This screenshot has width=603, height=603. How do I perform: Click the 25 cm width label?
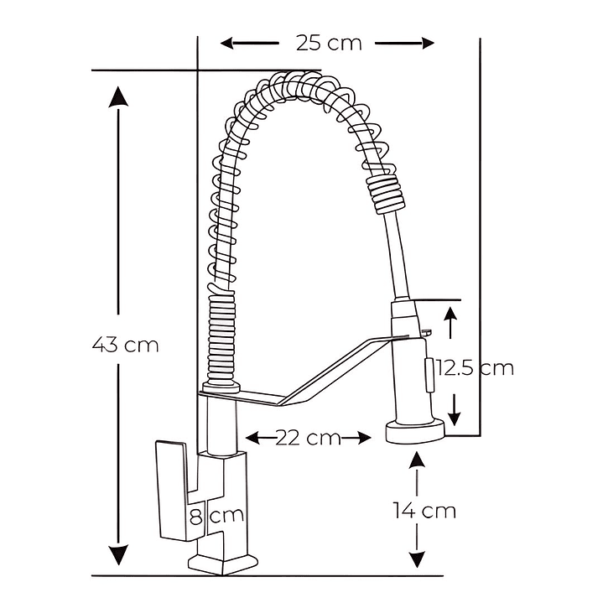(x=329, y=42)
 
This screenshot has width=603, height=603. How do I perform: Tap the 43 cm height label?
(x=125, y=344)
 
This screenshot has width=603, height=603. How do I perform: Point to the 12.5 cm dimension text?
(x=474, y=367)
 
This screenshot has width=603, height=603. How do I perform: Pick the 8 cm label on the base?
(x=216, y=516)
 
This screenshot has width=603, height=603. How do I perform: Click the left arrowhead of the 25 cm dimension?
(x=225, y=43)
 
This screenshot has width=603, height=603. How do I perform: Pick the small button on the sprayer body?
(x=429, y=373)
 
